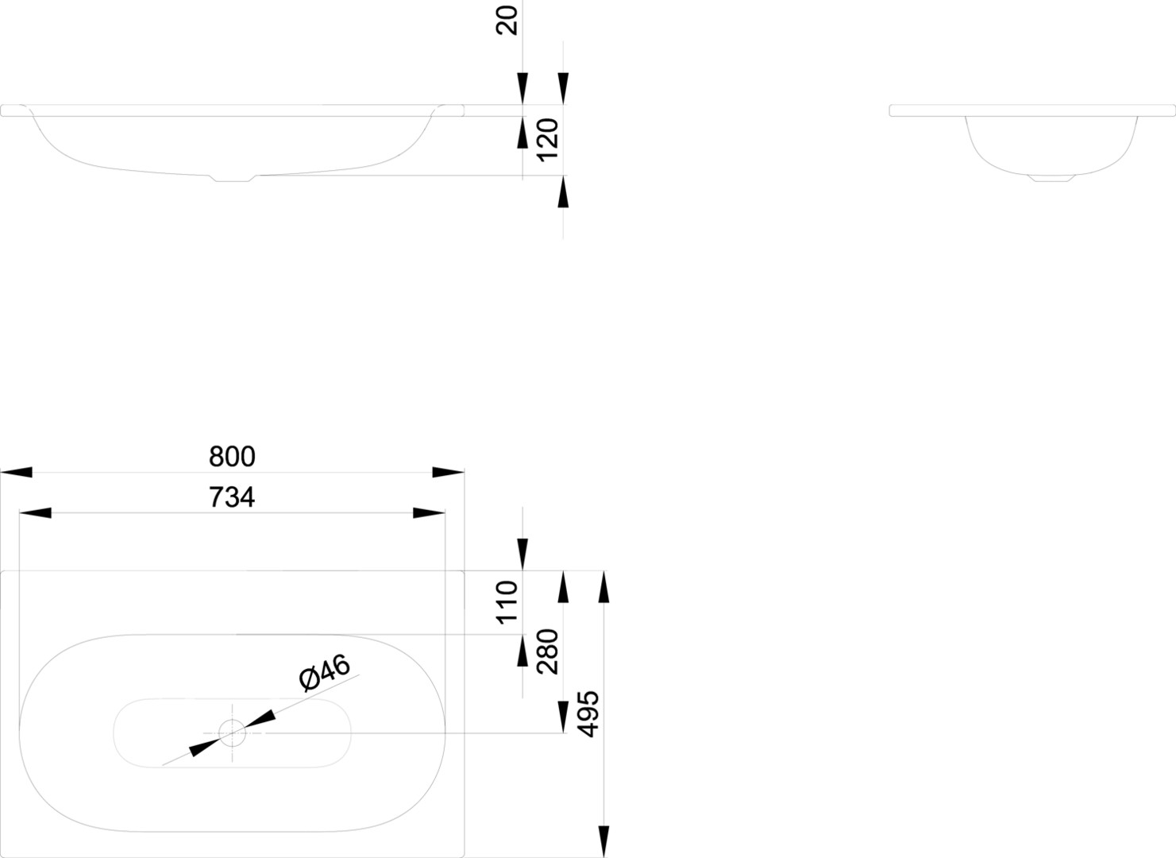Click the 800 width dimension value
(232, 456)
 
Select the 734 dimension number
(232, 497)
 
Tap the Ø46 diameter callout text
(325, 672)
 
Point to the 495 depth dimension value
(588, 714)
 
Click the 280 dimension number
(548, 651)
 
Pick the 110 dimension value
(507, 603)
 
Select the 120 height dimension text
(548, 141)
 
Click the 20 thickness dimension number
(507, 21)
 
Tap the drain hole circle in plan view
(232, 733)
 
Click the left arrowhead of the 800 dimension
(16, 473)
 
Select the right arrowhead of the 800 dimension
(448, 473)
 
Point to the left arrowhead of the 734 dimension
(35, 512)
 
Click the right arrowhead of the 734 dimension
(429, 512)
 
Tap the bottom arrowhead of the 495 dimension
(603, 841)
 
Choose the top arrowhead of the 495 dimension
(603, 587)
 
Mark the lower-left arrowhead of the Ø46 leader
(205, 747)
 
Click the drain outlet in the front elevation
(232, 179)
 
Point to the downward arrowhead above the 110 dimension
(522, 555)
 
